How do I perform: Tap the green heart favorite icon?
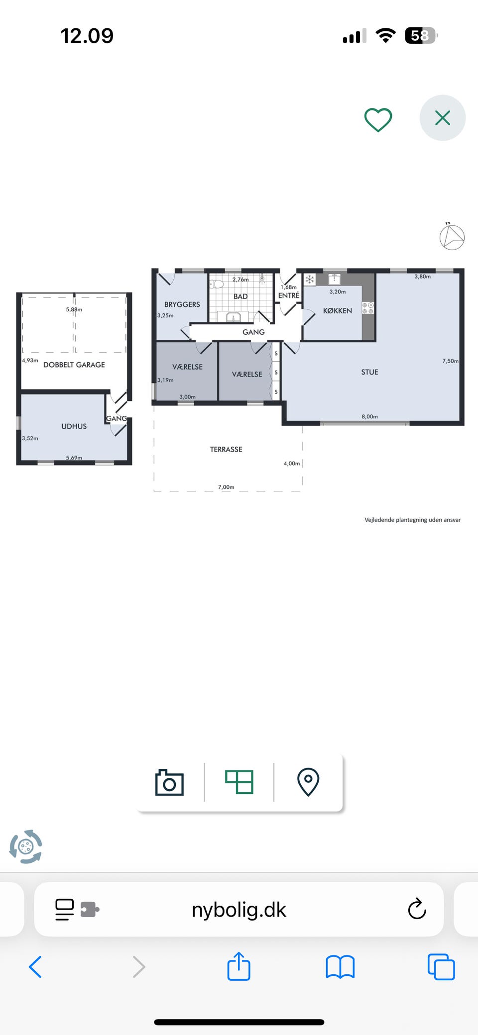[x=378, y=120]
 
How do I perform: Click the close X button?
[x=443, y=118]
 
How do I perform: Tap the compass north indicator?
[x=452, y=236]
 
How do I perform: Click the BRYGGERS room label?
[x=182, y=304]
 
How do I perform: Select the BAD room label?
[x=240, y=296]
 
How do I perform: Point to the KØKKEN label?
[x=338, y=311]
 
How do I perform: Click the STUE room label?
[x=369, y=372]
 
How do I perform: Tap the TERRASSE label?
[x=226, y=449]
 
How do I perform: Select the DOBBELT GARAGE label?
[x=74, y=365]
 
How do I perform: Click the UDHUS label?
[x=74, y=426]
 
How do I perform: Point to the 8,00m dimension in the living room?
[x=369, y=417]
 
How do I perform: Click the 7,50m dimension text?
[x=450, y=361]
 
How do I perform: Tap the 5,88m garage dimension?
[x=74, y=309]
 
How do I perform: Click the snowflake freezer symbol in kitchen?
[x=310, y=280]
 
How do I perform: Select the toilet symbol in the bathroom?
[x=217, y=284]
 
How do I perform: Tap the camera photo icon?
[x=169, y=782]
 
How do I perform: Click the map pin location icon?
[x=308, y=782]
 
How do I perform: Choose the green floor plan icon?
[x=239, y=782]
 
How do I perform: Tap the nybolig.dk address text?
[x=239, y=910]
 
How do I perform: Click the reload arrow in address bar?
[x=417, y=909]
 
